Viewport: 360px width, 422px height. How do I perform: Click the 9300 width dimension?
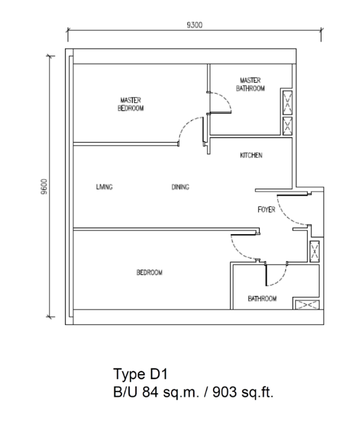194,25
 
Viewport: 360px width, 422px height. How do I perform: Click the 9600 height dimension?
44,187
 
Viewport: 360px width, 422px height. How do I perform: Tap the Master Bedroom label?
131,104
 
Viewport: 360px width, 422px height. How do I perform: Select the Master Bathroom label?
250,84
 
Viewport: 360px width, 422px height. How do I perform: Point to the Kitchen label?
251,155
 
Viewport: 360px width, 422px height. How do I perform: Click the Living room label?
104,187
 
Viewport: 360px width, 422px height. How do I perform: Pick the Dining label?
180,187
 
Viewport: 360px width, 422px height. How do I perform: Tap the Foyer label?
266,209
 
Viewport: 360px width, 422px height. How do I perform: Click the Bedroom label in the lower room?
149,273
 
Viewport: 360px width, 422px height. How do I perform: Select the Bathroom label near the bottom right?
262,299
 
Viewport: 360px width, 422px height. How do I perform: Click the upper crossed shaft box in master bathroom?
287,103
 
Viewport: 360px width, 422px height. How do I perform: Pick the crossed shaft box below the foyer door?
314,252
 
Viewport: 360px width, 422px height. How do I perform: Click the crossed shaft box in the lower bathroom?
307,305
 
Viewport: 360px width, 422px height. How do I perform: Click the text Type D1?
140,374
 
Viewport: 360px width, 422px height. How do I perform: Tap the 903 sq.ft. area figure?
243,392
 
